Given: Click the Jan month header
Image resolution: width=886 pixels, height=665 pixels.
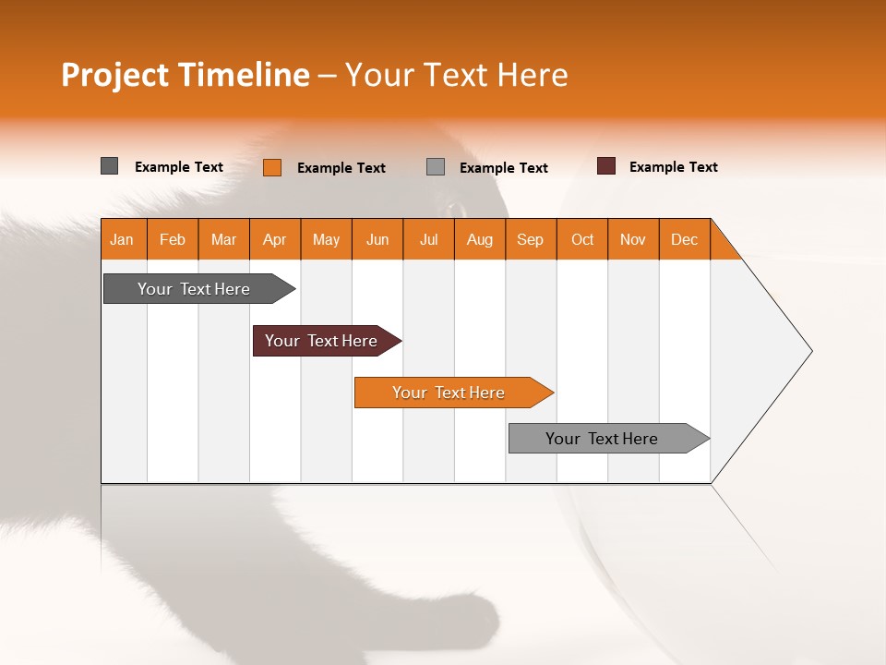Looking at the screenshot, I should coord(123,239).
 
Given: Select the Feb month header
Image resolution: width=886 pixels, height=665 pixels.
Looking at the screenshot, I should coord(173,239).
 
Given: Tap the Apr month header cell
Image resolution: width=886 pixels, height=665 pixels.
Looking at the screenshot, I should coord(275,239).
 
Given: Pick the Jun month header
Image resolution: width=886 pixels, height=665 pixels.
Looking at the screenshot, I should coord(377,239).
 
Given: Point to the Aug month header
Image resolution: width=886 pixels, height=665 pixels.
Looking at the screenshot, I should coord(480,239).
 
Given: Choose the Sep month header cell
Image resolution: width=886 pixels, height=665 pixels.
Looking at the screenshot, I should coord(531,239).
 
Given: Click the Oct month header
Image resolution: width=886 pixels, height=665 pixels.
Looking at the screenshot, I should coord(582,239).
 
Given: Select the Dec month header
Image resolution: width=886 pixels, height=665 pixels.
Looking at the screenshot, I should coord(685,239).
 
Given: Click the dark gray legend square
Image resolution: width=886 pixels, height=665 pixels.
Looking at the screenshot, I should coord(110,166).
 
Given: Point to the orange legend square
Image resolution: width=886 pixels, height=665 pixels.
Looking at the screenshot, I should coord(272,167).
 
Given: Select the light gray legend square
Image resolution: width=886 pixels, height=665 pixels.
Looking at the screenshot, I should coord(436,167).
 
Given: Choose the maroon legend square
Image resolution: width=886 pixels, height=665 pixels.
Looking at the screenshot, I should coord(606,166).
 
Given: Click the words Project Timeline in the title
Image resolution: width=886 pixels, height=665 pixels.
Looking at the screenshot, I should coord(186,75).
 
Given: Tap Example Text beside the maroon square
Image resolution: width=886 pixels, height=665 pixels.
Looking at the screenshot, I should coord(673,167).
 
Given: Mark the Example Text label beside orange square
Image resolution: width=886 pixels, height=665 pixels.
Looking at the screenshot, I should coord(341,168).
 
